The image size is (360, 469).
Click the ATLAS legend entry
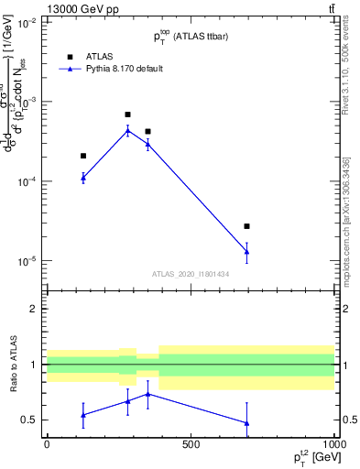click(x=100, y=55)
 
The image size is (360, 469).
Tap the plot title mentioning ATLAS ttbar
click(x=191, y=36)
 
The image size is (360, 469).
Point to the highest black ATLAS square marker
click(x=127, y=115)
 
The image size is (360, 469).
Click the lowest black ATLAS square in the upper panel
click(x=246, y=226)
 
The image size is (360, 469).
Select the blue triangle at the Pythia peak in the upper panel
click(x=127, y=130)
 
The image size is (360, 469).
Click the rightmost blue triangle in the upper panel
click(x=246, y=252)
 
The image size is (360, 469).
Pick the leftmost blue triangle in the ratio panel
click(x=83, y=415)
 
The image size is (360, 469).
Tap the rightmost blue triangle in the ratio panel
click(x=246, y=423)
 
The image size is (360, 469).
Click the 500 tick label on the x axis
click(x=191, y=444)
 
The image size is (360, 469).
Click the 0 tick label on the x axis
click(x=47, y=444)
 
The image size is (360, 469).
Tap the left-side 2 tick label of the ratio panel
click(x=34, y=309)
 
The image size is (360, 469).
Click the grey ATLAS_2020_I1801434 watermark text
click(x=191, y=274)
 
